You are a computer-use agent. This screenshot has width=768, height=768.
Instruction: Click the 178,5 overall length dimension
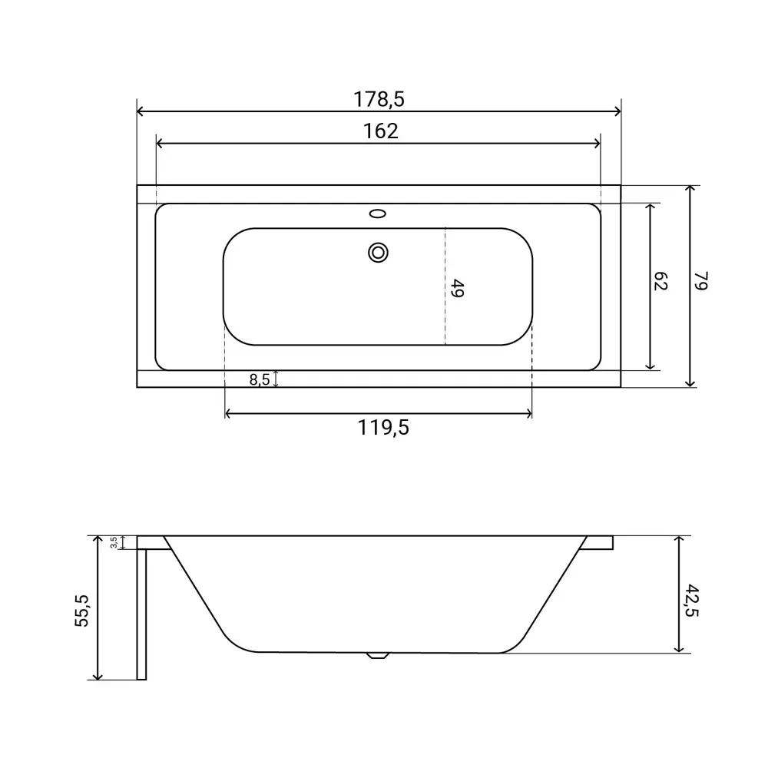pos(379,99)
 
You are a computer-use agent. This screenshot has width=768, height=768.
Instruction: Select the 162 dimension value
pos(381,131)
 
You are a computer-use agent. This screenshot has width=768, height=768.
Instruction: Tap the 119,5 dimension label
pos(383,428)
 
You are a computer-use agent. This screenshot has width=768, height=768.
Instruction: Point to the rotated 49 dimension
pos(458,288)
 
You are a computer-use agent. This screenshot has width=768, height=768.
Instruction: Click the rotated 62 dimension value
pos(660,281)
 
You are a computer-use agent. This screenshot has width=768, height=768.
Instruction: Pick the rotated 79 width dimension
pos(701,280)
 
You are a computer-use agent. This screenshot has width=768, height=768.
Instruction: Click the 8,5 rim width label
pos(260,379)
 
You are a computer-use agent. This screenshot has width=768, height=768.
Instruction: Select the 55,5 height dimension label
pos(82,611)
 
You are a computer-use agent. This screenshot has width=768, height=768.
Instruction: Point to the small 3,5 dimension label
pos(114,542)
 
